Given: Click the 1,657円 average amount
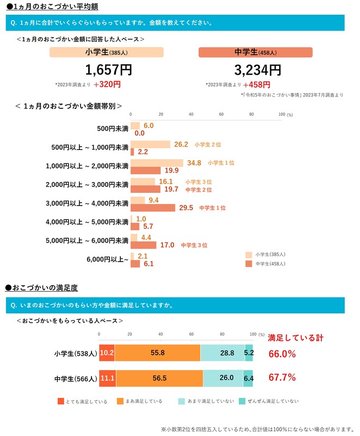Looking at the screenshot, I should point(108,70).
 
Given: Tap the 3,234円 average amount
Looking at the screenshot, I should point(258,70).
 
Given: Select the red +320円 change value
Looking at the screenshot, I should point(107,84).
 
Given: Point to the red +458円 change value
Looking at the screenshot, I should point(258,84).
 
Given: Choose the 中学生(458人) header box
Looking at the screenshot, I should point(255,52).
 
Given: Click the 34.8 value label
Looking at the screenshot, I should point(194,163).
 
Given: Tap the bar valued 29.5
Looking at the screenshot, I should point(153,208).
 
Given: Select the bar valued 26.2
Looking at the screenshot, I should point(150,144).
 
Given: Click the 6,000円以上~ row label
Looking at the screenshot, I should point(108,259).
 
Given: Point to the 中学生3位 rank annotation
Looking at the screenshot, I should point(194,245).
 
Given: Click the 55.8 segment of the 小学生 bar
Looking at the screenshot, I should point(157,353).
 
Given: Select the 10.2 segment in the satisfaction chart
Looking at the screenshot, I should point(107,353).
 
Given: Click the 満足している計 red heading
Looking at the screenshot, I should point(295,338).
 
